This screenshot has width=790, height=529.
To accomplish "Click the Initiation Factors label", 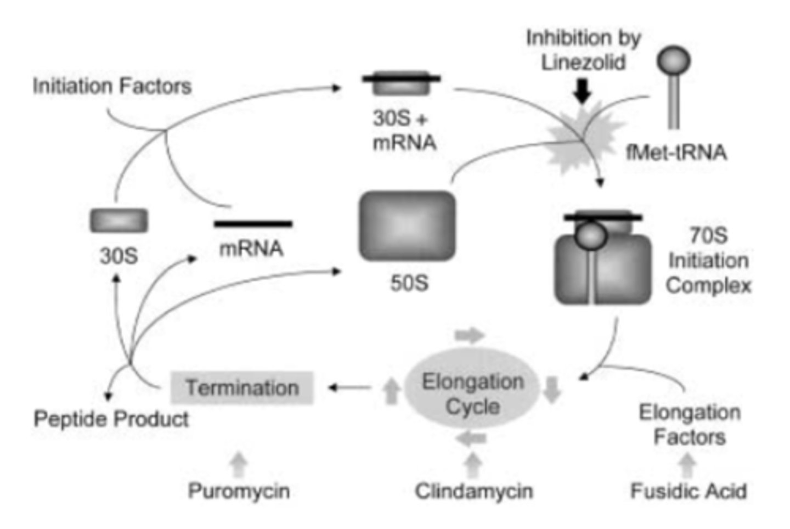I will pos(112,86).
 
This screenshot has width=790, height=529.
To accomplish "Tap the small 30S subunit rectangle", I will pos(119,221).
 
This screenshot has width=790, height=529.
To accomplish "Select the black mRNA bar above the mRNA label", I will pos(253,223).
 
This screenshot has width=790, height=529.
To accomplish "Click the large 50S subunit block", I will pos(407,226).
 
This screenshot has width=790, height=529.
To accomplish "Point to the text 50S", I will pos(409,283).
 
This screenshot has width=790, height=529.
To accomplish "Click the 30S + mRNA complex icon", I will pos(401,82).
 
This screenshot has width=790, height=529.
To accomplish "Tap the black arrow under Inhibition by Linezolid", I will pos(582,91).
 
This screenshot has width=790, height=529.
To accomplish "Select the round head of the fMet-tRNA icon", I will pos(674,60).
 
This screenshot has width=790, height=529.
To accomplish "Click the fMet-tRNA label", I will pos(676,152).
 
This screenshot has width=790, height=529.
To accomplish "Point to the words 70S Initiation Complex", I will pos(708,261).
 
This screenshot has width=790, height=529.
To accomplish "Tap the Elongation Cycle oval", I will pos(472,393).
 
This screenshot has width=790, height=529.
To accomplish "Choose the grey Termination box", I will pos(242,388).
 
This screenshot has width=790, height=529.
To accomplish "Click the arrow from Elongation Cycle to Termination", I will pos(350,388).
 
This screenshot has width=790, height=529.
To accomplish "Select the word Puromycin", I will pos(239,491).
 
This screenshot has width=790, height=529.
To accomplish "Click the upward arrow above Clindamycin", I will pos(472,465).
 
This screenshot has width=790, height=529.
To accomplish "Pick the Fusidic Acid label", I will pos(688,491).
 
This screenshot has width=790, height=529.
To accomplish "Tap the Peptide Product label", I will pos(111,419).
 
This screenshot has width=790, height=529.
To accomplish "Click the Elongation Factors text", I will pos(690,425).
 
